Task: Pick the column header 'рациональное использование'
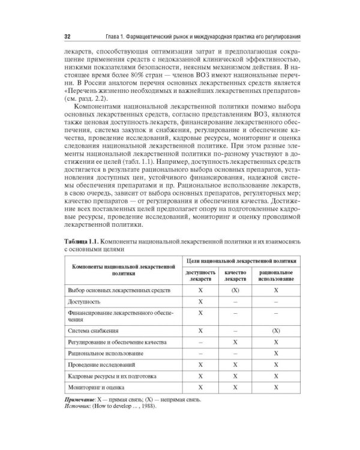275,275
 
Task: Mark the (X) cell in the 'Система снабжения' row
275,331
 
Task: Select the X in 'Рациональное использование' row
275,353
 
